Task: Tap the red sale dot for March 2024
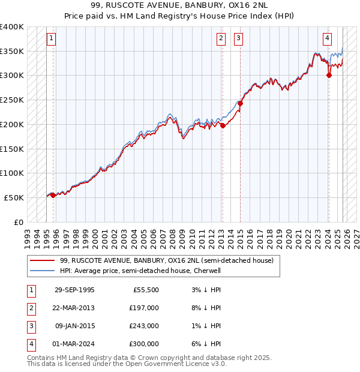[x=329, y=75]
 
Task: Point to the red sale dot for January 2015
[x=240, y=103]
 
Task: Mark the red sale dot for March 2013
[x=223, y=125]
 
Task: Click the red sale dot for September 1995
[x=53, y=194]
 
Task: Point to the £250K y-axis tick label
[x=12, y=100]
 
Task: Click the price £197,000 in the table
[x=144, y=307]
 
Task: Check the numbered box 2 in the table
[x=30, y=307]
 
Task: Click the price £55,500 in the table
[x=146, y=289]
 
